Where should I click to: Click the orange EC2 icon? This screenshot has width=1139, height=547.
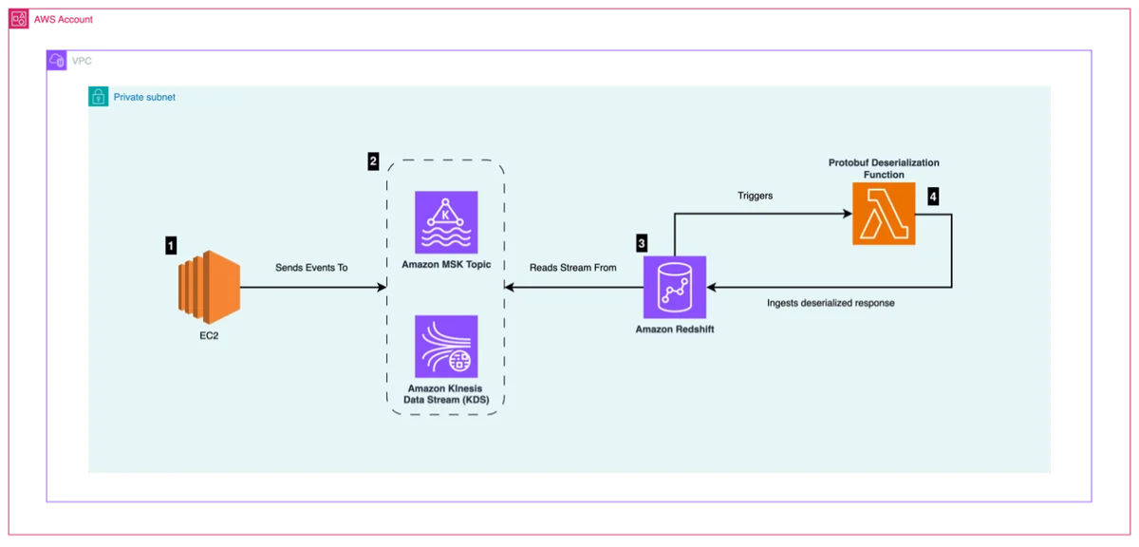click(x=209, y=287)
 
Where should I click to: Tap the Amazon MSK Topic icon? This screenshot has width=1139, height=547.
click(x=446, y=222)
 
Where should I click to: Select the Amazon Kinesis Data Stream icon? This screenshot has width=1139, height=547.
click(x=446, y=347)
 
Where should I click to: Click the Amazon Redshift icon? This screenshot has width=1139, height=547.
click(x=675, y=287)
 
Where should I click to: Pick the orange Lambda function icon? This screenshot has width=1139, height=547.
click(x=884, y=214)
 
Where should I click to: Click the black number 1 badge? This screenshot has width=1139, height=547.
click(x=171, y=246)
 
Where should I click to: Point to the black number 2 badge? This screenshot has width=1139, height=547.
click(x=373, y=161)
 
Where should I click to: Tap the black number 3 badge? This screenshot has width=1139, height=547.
click(x=642, y=243)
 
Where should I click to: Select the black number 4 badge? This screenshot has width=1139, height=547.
click(x=933, y=197)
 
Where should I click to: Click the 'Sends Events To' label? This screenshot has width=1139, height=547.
click(x=311, y=268)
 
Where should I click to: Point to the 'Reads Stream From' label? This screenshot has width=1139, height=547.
click(x=573, y=268)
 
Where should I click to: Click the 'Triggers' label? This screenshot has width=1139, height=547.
click(x=756, y=196)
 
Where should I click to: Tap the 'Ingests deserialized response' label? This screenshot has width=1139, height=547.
click(x=831, y=303)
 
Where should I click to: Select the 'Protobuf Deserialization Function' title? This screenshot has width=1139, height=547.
click(x=884, y=168)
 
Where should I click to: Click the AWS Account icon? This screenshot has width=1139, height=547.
click(x=19, y=19)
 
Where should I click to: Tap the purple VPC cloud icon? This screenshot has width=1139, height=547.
click(x=56, y=61)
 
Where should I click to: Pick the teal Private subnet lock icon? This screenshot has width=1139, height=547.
click(x=98, y=97)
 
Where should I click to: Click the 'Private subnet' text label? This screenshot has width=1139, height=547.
click(x=144, y=97)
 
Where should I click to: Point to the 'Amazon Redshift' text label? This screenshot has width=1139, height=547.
click(x=675, y=330)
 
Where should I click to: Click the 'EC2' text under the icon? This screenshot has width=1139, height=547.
click(x=209, y=336)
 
